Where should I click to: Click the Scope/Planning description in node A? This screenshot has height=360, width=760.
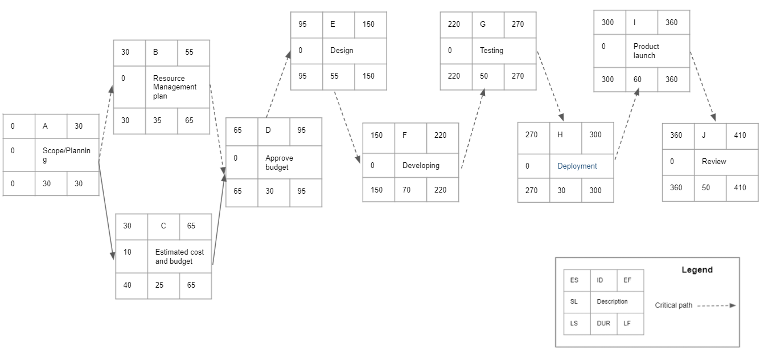tap(67, 155)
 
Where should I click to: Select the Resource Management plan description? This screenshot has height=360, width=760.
tap(175, 87)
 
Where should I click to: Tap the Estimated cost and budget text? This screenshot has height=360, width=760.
tap(179, 256)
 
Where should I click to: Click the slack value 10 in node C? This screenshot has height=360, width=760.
tap(127, 252)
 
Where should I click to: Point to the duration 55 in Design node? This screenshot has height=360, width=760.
tap(334, 76)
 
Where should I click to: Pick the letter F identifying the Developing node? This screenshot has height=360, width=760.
tap(405, 135)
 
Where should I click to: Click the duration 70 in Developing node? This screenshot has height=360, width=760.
tap(406, 190)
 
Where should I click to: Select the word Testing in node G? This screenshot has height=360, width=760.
tap(491, 50)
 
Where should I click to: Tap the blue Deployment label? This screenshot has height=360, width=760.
tap(577, 166)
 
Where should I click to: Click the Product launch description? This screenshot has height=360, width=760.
tap(646, 51)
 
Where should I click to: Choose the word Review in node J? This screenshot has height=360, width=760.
tap(714, 161)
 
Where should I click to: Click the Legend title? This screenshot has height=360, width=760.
tap(697, 269)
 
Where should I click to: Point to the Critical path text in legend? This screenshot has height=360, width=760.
tap(673, 305)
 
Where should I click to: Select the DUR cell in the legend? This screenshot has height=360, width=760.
tap(603, 323)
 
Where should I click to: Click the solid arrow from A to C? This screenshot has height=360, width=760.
tap(106, 210)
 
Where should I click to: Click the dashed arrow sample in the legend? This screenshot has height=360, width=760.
tap(716, 305)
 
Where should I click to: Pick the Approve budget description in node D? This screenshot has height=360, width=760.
tap(279, 162)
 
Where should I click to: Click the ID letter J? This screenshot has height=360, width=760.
tap(704, 136)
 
